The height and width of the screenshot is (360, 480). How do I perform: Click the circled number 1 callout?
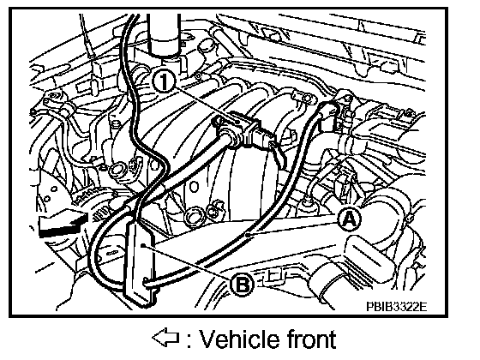click(x=164, y=81)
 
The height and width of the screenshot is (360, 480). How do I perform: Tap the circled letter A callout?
click(x=350, y=219)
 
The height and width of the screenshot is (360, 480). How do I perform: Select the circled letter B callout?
click(x=242, y=285)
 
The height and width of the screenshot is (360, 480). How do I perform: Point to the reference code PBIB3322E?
click(x=396, y=307)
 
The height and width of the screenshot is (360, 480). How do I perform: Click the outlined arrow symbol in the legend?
click(x=165, y=338)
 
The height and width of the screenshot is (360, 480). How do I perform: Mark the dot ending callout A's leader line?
click(x=249, y=235)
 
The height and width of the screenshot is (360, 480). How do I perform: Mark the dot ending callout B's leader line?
click(x=143, y=245)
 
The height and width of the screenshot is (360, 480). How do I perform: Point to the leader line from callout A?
click(x=293, y=229)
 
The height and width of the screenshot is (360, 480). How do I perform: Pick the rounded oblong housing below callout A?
click(x=368, y=254)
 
